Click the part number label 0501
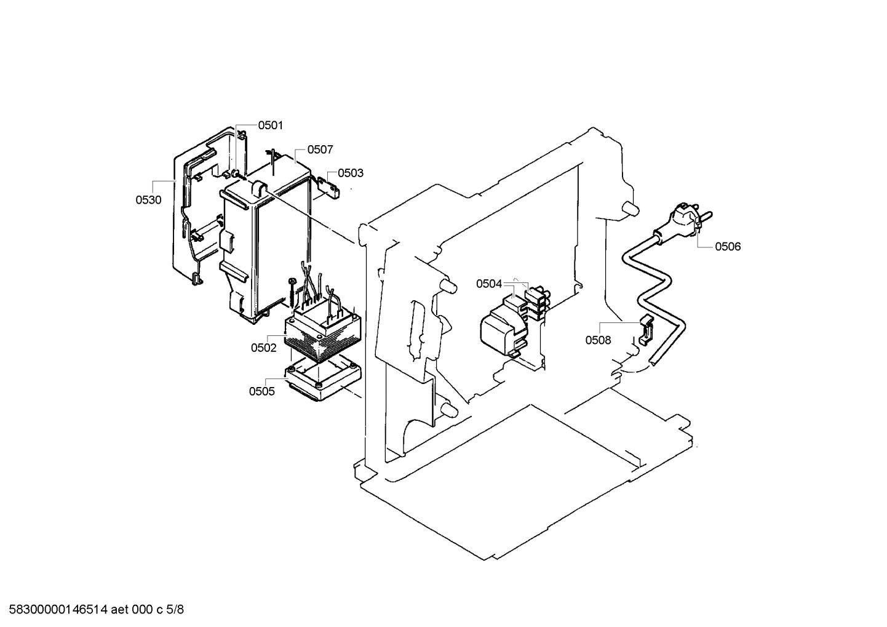click(270, 126)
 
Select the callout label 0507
click(320, 150)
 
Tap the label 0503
click(351, 173)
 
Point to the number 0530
click(148, 200)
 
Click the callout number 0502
click(263, 348)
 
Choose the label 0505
click(261, 391)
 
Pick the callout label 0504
click(489, 284)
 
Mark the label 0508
click(598, 340)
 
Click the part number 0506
click(728, 247)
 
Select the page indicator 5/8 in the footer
click(175, 610)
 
